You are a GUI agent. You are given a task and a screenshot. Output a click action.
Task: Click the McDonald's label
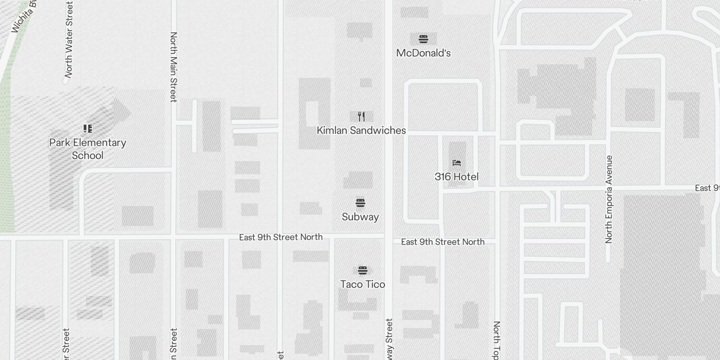423,53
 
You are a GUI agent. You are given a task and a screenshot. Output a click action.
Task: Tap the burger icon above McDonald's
423,39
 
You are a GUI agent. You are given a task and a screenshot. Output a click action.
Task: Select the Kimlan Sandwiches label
361,130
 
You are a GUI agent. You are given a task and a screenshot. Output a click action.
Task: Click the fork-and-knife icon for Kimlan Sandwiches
361,117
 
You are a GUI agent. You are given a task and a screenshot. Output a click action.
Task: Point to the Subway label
360,217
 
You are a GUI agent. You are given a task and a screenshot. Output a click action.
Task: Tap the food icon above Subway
360,202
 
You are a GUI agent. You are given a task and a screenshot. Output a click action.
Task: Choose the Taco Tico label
363,284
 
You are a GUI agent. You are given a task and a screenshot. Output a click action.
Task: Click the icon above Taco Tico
363,270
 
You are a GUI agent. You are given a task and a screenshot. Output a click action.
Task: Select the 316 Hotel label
456,177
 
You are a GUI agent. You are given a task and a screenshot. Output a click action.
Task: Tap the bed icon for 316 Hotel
457,162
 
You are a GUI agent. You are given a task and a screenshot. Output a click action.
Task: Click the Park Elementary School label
88,149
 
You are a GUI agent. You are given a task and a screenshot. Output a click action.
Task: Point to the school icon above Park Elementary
88,129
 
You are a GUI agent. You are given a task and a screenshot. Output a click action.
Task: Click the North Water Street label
69,40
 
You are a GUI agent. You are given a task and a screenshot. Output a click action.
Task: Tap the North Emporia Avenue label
609,199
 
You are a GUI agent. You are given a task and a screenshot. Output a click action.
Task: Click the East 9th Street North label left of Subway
281,237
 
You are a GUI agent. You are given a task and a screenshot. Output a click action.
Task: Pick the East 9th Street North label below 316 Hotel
443,242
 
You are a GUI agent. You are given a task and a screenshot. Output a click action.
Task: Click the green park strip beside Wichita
6,157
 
